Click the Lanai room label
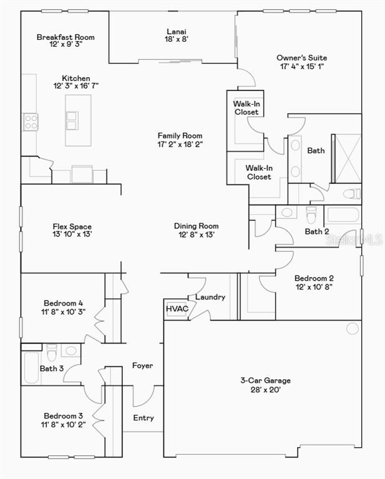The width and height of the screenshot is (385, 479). click(x=177, y=31)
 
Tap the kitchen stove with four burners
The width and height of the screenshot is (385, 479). click(x=31, y=122)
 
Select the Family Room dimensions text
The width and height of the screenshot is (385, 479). click(x=180, y=144)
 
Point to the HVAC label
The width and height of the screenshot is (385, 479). click(x=177, y=309)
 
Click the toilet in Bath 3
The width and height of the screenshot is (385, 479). click(x=52, y=352)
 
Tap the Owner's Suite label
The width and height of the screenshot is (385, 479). click(x=301, y=58)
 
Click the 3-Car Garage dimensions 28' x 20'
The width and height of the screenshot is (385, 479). click(x=266, y=389)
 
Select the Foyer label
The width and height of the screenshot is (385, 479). click(x=143, y=365)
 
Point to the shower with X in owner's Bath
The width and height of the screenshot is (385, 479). click(x=348, y=158)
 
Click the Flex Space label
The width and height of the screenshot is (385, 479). click(x=72, y=226)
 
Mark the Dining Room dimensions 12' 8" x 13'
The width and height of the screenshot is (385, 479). click(x=196, y=235)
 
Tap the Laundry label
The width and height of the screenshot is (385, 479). click(x=210, y=297)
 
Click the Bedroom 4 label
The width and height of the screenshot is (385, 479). click(x=63, y=303)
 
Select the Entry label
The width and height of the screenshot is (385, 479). click(x=144, y=418)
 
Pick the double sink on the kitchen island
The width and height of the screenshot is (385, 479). click(x=72, y=120)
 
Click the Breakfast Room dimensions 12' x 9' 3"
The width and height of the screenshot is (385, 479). click(x=66, y=44)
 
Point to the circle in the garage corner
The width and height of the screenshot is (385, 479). click(x=353, y=329)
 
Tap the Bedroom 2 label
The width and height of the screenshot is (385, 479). click(x=314, y=278)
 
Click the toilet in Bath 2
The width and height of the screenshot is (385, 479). click(x=311, y=215)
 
